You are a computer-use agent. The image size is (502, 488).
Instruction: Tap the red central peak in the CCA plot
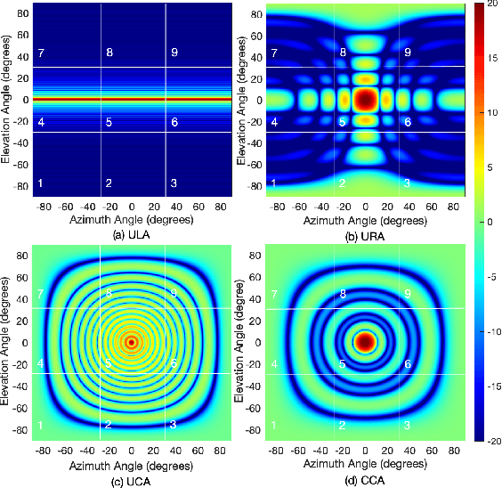[366, 341]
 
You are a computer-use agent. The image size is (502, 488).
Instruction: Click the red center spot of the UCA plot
[132, 342]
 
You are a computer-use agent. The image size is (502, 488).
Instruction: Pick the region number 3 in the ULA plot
[174, 183]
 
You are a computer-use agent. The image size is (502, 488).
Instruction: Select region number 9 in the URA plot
[408, 53]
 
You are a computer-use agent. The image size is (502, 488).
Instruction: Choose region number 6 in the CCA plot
[408, 364]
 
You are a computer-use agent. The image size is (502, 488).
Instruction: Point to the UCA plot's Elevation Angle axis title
[7, 342]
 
